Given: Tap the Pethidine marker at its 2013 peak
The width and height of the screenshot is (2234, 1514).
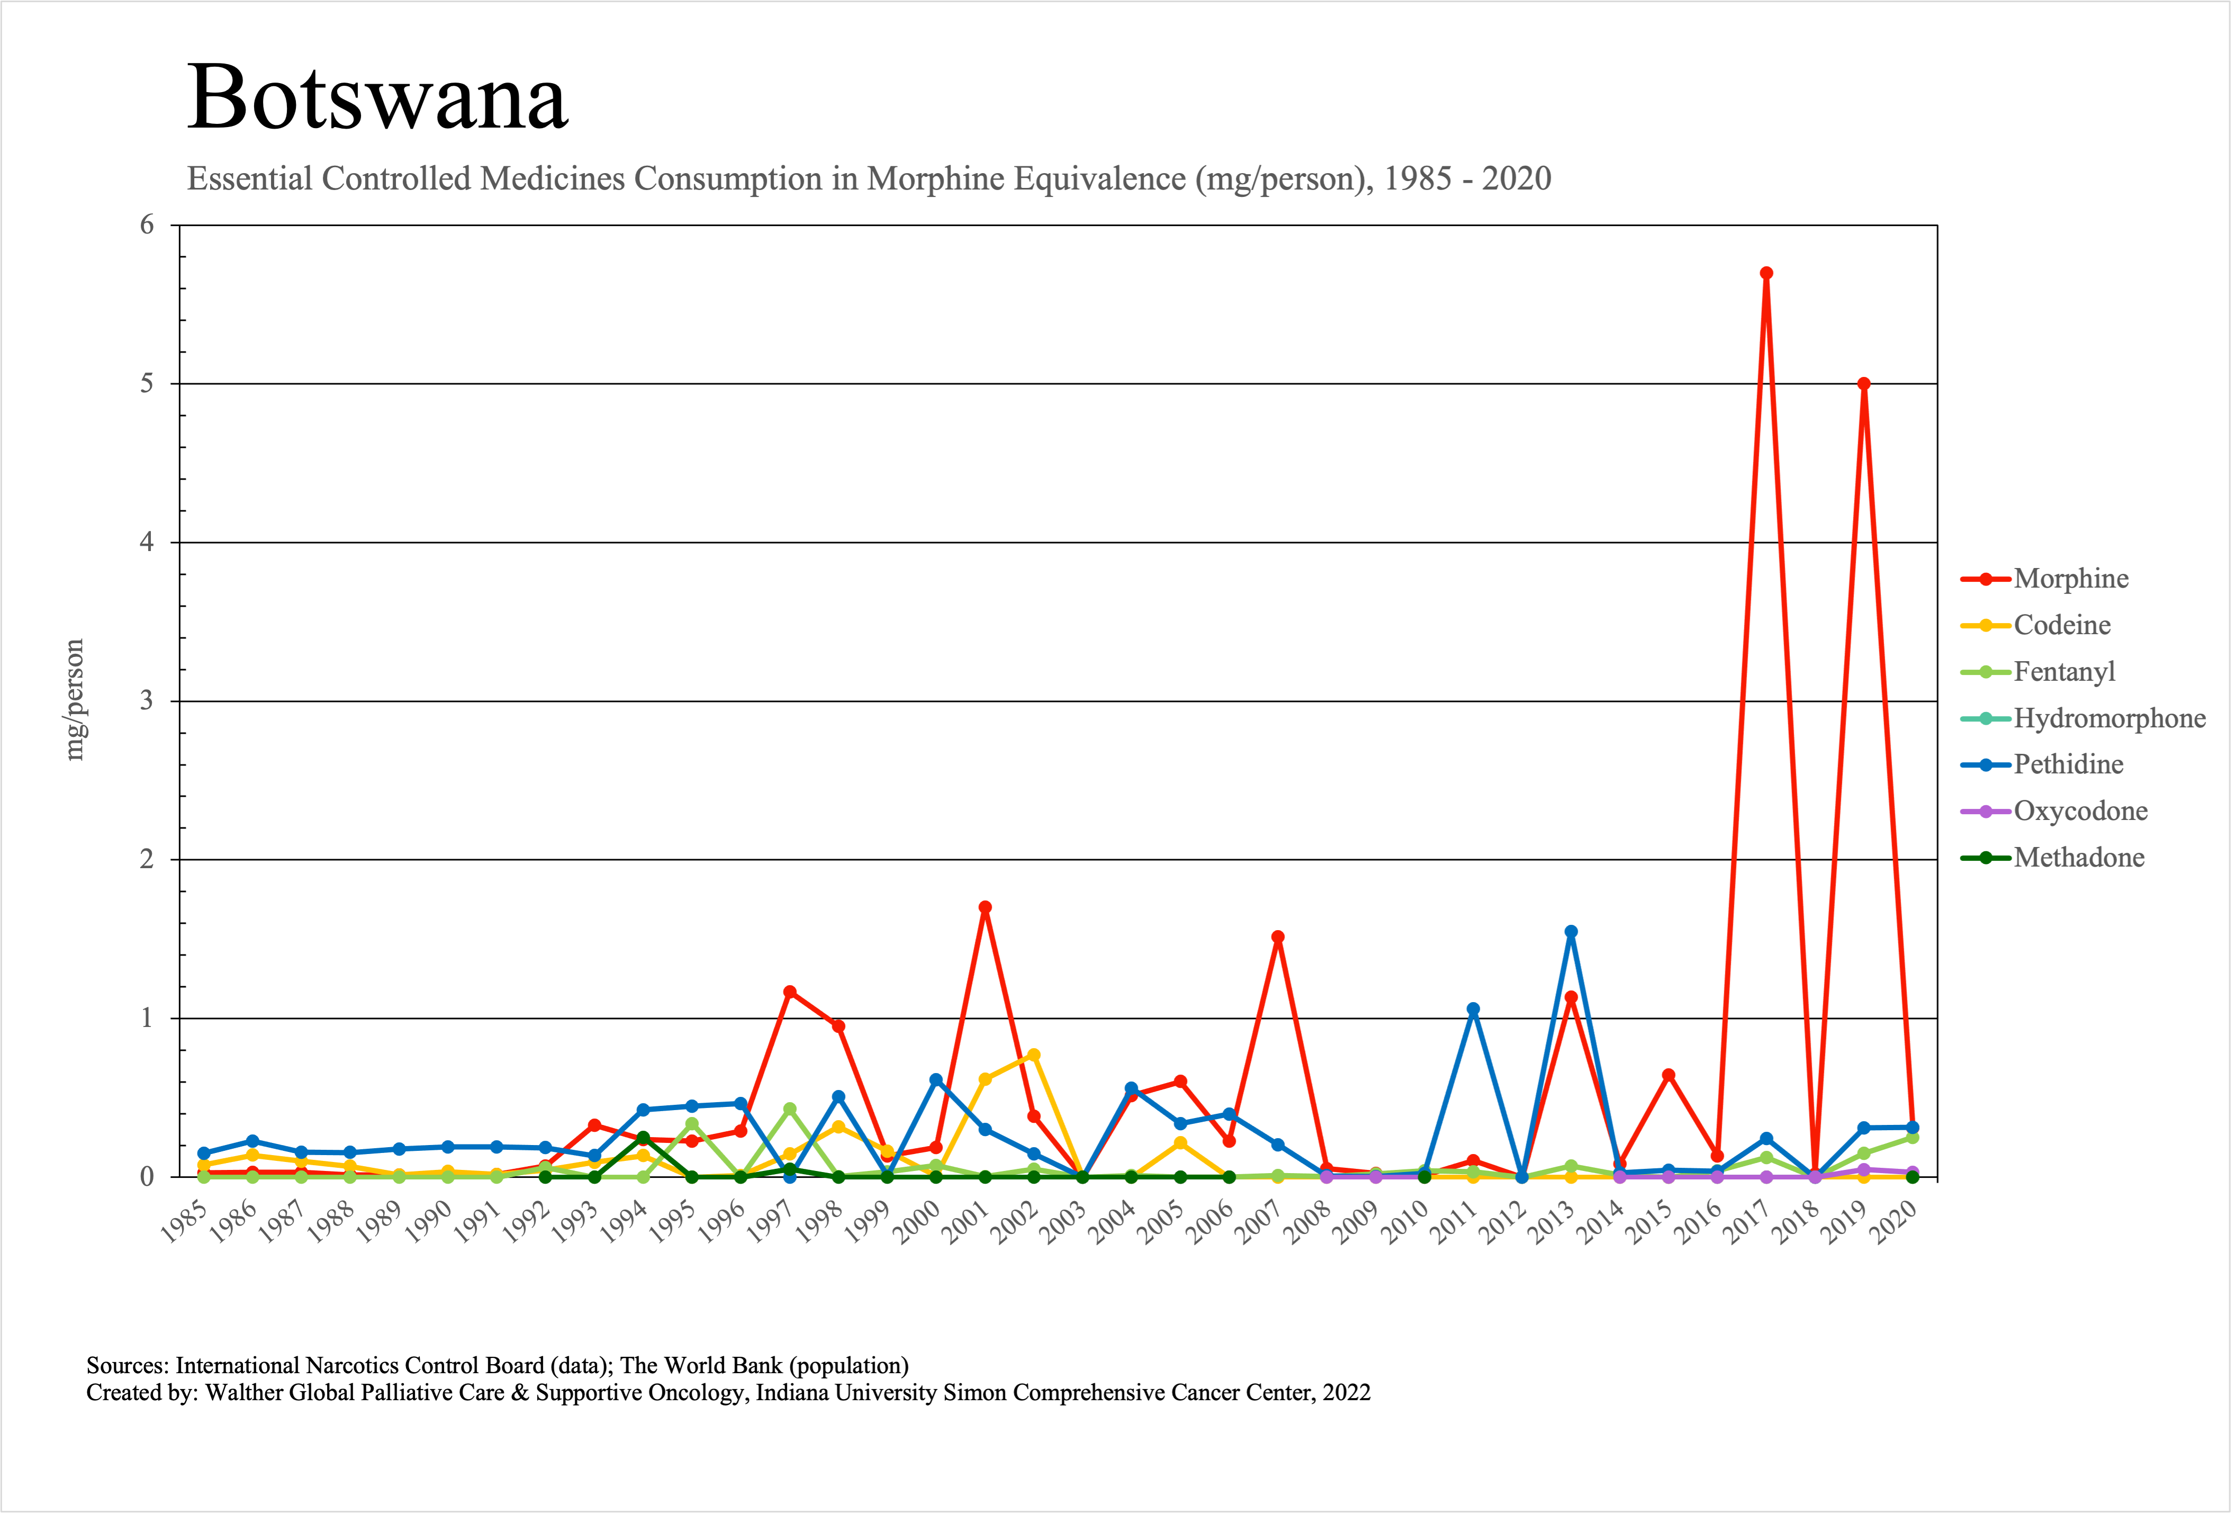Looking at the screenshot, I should click(1571, 932).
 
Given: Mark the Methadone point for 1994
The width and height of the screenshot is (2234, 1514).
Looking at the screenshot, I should click(643, 1138).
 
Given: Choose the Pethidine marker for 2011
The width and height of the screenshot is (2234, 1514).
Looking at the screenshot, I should click(1473, 1010).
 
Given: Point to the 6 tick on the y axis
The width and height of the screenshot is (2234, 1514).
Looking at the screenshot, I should click(147, 225).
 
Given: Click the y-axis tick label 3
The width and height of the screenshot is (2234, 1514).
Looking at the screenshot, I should click(147, 701).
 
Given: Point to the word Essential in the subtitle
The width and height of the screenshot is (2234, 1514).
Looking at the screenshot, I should click(250, 179).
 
